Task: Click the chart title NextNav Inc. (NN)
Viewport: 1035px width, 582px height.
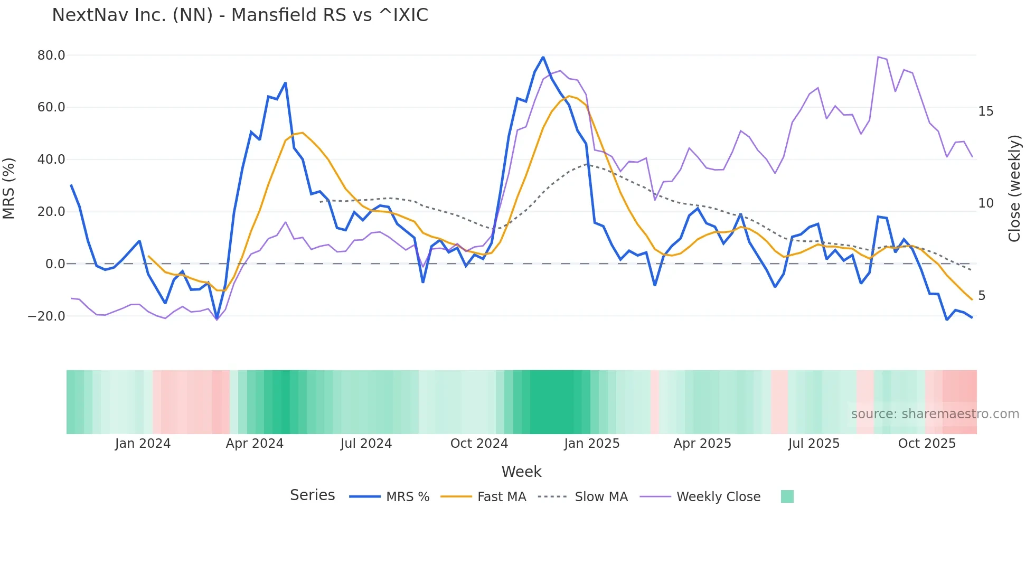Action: [240, 15]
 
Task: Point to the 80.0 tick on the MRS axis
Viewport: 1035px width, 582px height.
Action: [51, 55]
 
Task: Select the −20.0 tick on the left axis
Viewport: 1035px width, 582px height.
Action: [47, 316]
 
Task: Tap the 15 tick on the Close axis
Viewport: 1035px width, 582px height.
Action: [985, 111]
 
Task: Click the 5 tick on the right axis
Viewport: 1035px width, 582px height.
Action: [982, 296]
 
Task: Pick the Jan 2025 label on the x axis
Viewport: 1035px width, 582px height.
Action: [591, 444]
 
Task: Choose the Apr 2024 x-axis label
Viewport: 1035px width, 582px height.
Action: [255, 444]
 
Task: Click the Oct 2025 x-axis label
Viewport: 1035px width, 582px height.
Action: [927, 444]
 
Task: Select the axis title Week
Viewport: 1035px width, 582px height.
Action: [521, 472]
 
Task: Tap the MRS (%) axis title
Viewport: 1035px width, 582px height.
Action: [9, 188]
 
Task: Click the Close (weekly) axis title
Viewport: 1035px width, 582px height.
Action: [1014, 189]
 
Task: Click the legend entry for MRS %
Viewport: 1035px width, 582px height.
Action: [390, 497]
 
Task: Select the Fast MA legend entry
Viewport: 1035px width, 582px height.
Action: [483, 497]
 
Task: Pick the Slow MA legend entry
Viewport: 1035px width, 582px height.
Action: [583, 497]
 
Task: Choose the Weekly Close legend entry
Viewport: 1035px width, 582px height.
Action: [700, 497]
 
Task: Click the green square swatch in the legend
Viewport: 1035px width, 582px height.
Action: [787, 496]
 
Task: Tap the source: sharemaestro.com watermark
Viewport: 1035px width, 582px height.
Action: [935, 414]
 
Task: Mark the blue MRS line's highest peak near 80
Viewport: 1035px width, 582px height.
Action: [543, 57]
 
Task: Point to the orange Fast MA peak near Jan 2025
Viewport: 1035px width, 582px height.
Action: [568, 96]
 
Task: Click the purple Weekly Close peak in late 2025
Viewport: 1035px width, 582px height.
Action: [878, 57]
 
